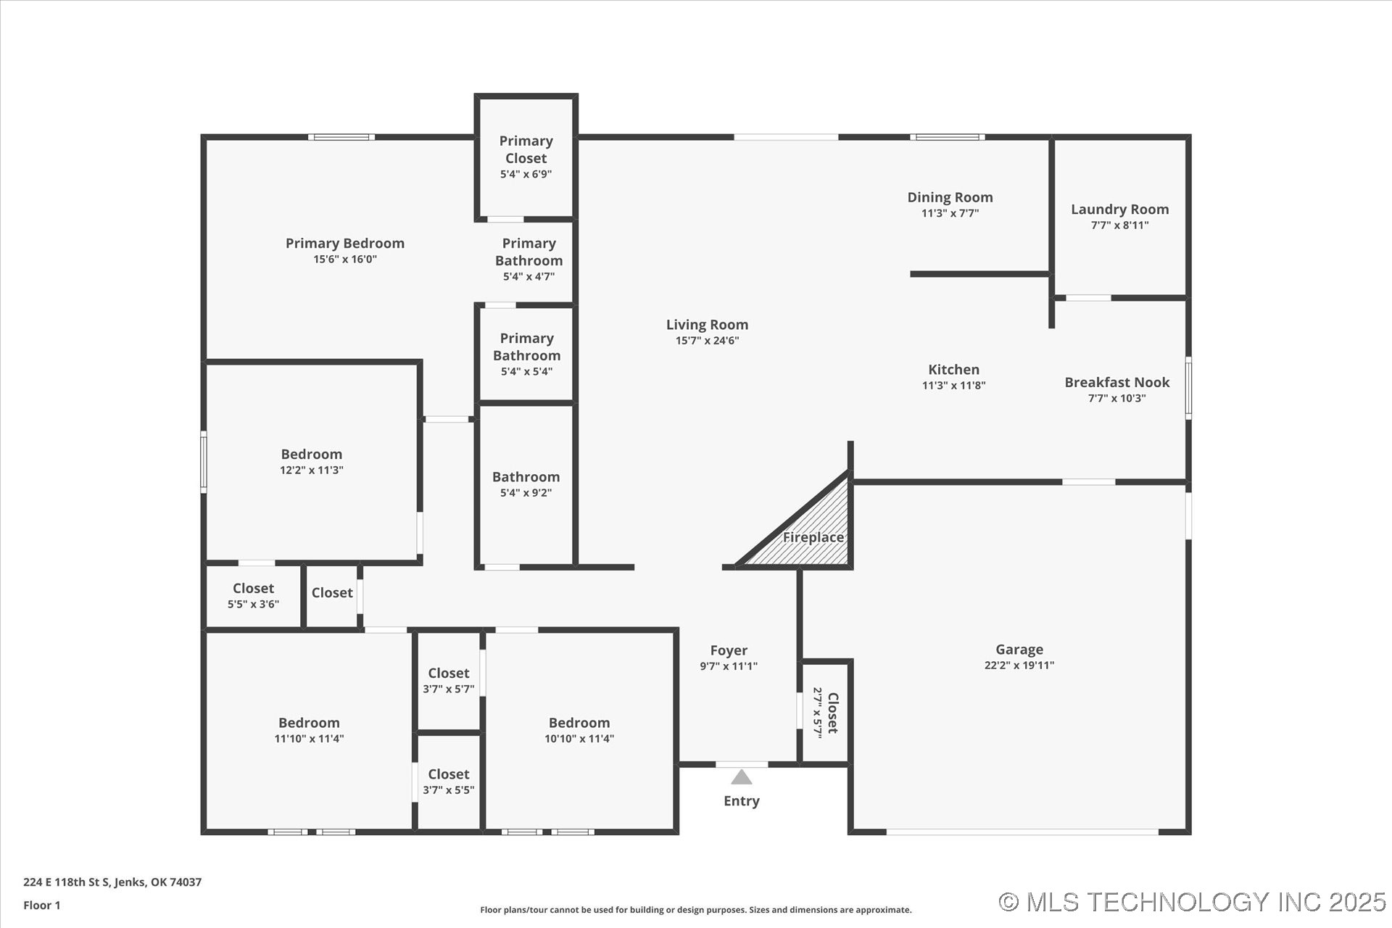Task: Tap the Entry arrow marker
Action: coord(741,777)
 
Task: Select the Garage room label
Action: coord(1019,650)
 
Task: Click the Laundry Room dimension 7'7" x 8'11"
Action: coord(1119,225)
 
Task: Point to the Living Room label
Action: coord(707,325)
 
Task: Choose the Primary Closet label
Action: coord(526,149)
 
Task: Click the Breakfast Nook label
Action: coord(1116,382)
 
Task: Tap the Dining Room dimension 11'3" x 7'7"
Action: coord(950,213)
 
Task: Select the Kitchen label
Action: coord(953,370)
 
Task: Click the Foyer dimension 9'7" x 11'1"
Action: coord(728,666)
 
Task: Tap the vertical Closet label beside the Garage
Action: coord(832,713)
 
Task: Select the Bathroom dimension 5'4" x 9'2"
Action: coord(526,493)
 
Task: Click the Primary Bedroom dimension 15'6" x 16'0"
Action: coord(344,260)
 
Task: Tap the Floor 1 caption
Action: coord(42,905)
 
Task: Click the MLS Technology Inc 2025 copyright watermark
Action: coord(1192,902)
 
